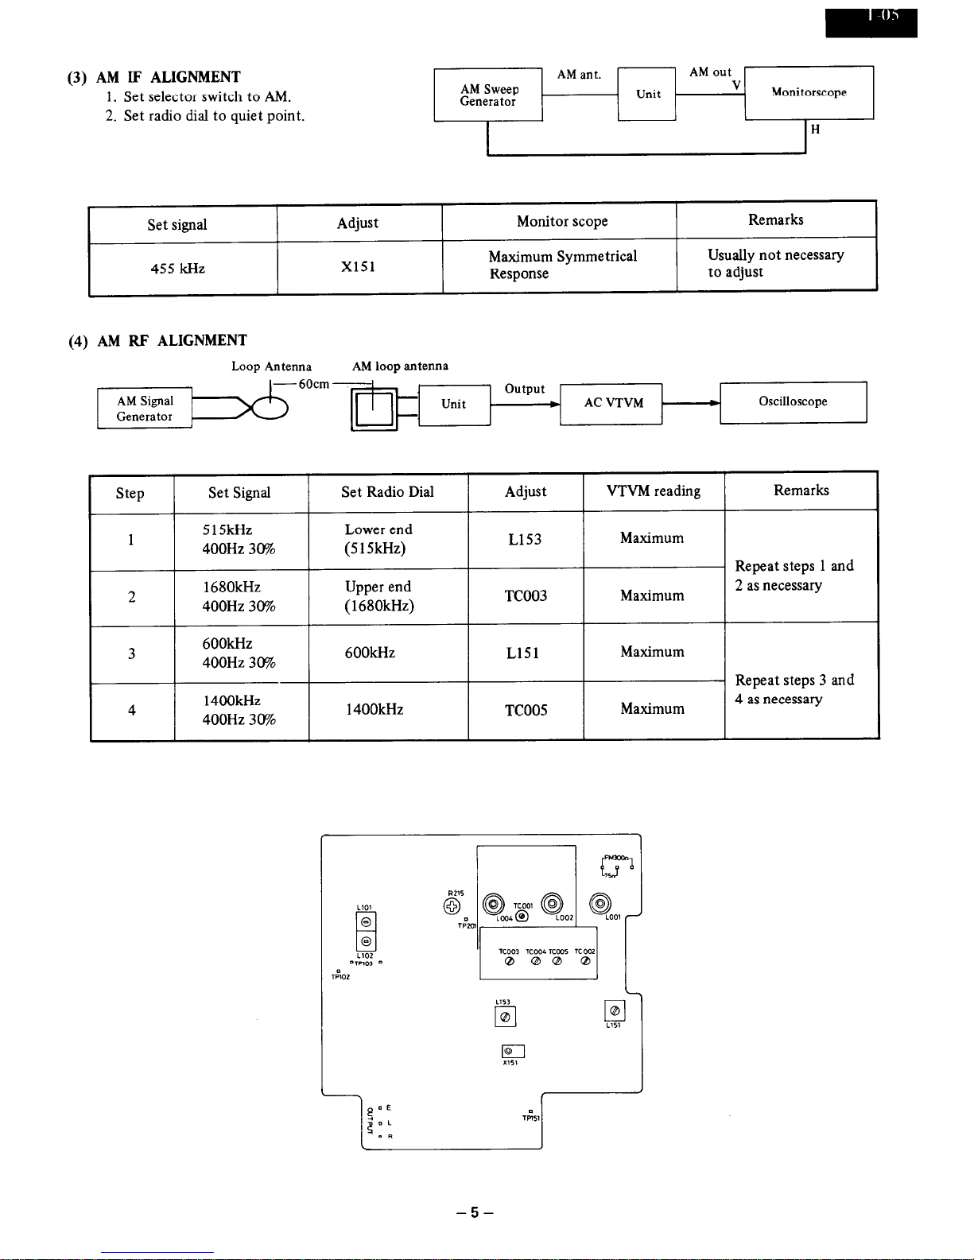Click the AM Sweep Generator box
click(x=488, y=95)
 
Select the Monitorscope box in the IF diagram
click(x=809, y=93)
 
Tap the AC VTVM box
click(x=612, y=403)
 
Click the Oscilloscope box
click(x=793, y=402)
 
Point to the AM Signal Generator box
click(x=145, y=409)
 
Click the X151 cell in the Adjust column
click(x=359, y=267)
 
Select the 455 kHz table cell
click(x=178, y=269)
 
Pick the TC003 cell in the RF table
click(x=526, y=596)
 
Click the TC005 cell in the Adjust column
click(x=526, y=710)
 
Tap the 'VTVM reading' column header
click(x=654, y=491)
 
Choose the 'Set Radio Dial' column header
click(x=387, y=492)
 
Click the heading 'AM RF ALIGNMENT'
click(x=172, y=341)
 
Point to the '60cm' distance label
click(x=313, y=384)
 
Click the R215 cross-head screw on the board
click(x=452, y=907)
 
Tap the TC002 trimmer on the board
click(x=585, y=961)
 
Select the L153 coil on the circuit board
click(x=505, y=1017)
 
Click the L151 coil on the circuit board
click(x=615, y=1010)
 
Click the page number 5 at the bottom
click(x=475, y=1213)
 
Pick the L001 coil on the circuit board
click(x=601, y=904)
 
